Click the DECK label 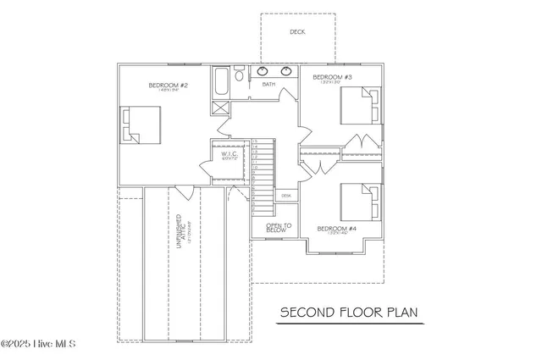(296, 32)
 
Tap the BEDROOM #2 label (167, 85)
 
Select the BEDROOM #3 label (330, 78)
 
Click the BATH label (268, 85)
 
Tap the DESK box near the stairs (286, 195)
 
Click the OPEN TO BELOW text (279, 227)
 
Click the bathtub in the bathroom (220, 82)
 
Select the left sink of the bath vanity (263, 71)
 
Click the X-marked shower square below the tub (219, 108)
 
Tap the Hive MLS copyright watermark (39, 344)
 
